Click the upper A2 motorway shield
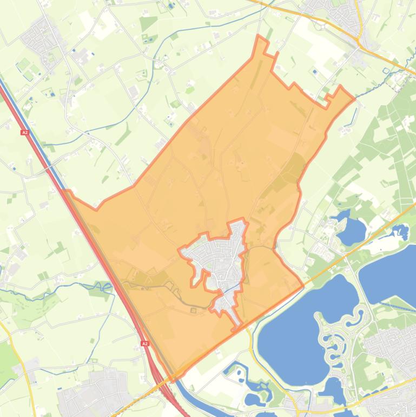(x=25, y=132)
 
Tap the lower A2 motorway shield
(x=145, y=343)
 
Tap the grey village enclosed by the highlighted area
(x=219, y=260)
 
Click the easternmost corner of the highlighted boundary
(x=355, y=99)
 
